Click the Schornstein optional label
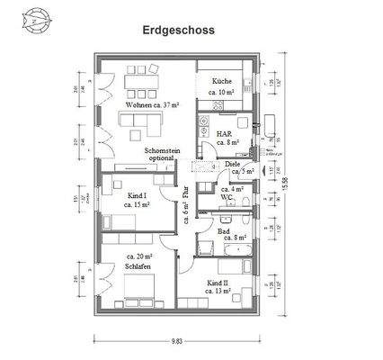click(164, 157)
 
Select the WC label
click(228, 197)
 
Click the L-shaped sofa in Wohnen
click(144, 121)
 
